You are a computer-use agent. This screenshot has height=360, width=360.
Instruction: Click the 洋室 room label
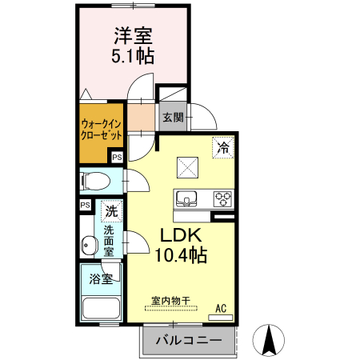(x=133, y=35)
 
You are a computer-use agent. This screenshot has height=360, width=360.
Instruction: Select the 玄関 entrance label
(x=173, y=118)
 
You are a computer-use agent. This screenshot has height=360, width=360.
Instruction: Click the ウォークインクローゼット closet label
(x=102, y=130)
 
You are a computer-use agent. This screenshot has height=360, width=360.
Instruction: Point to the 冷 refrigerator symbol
(x=223, y=146)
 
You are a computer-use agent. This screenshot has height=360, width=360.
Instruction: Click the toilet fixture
(x=95, y=181)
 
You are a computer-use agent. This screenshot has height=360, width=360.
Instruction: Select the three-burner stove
(x=222, y=198)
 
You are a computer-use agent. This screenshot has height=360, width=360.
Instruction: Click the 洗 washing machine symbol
(x=112, y=212)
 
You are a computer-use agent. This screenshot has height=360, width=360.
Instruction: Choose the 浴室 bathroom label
(x=102, y=280)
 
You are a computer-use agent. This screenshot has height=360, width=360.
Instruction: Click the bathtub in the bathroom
(x=101, y=308)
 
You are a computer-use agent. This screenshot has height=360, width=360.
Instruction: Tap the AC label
(x=222, y=308)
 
